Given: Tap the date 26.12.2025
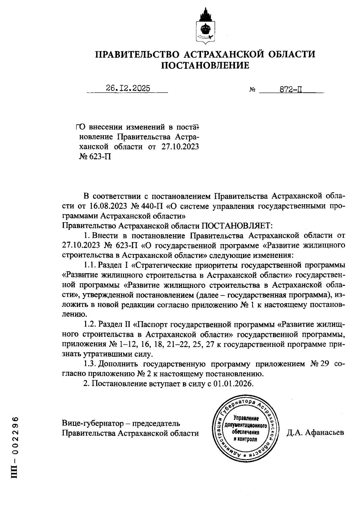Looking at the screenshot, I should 128,88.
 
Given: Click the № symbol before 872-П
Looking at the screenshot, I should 252,90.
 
